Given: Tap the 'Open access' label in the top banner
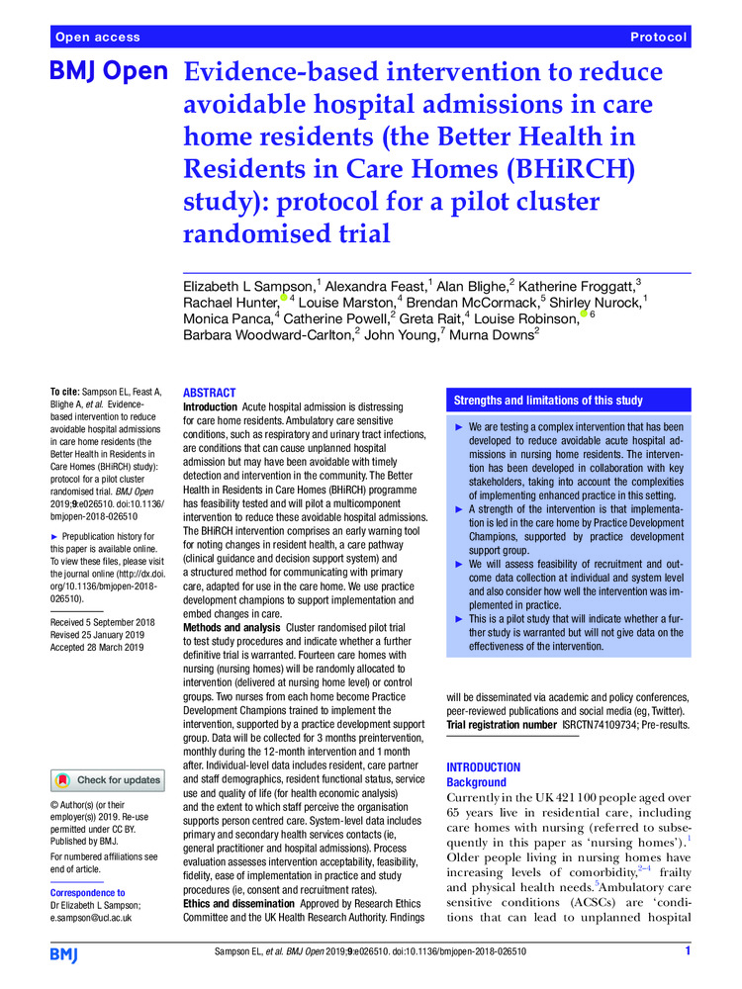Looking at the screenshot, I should (98, 38).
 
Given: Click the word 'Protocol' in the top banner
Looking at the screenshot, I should (658, 38).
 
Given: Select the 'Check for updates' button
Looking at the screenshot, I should (108, 780).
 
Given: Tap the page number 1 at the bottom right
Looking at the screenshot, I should (687, 952).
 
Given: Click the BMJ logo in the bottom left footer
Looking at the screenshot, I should (66, 953).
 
